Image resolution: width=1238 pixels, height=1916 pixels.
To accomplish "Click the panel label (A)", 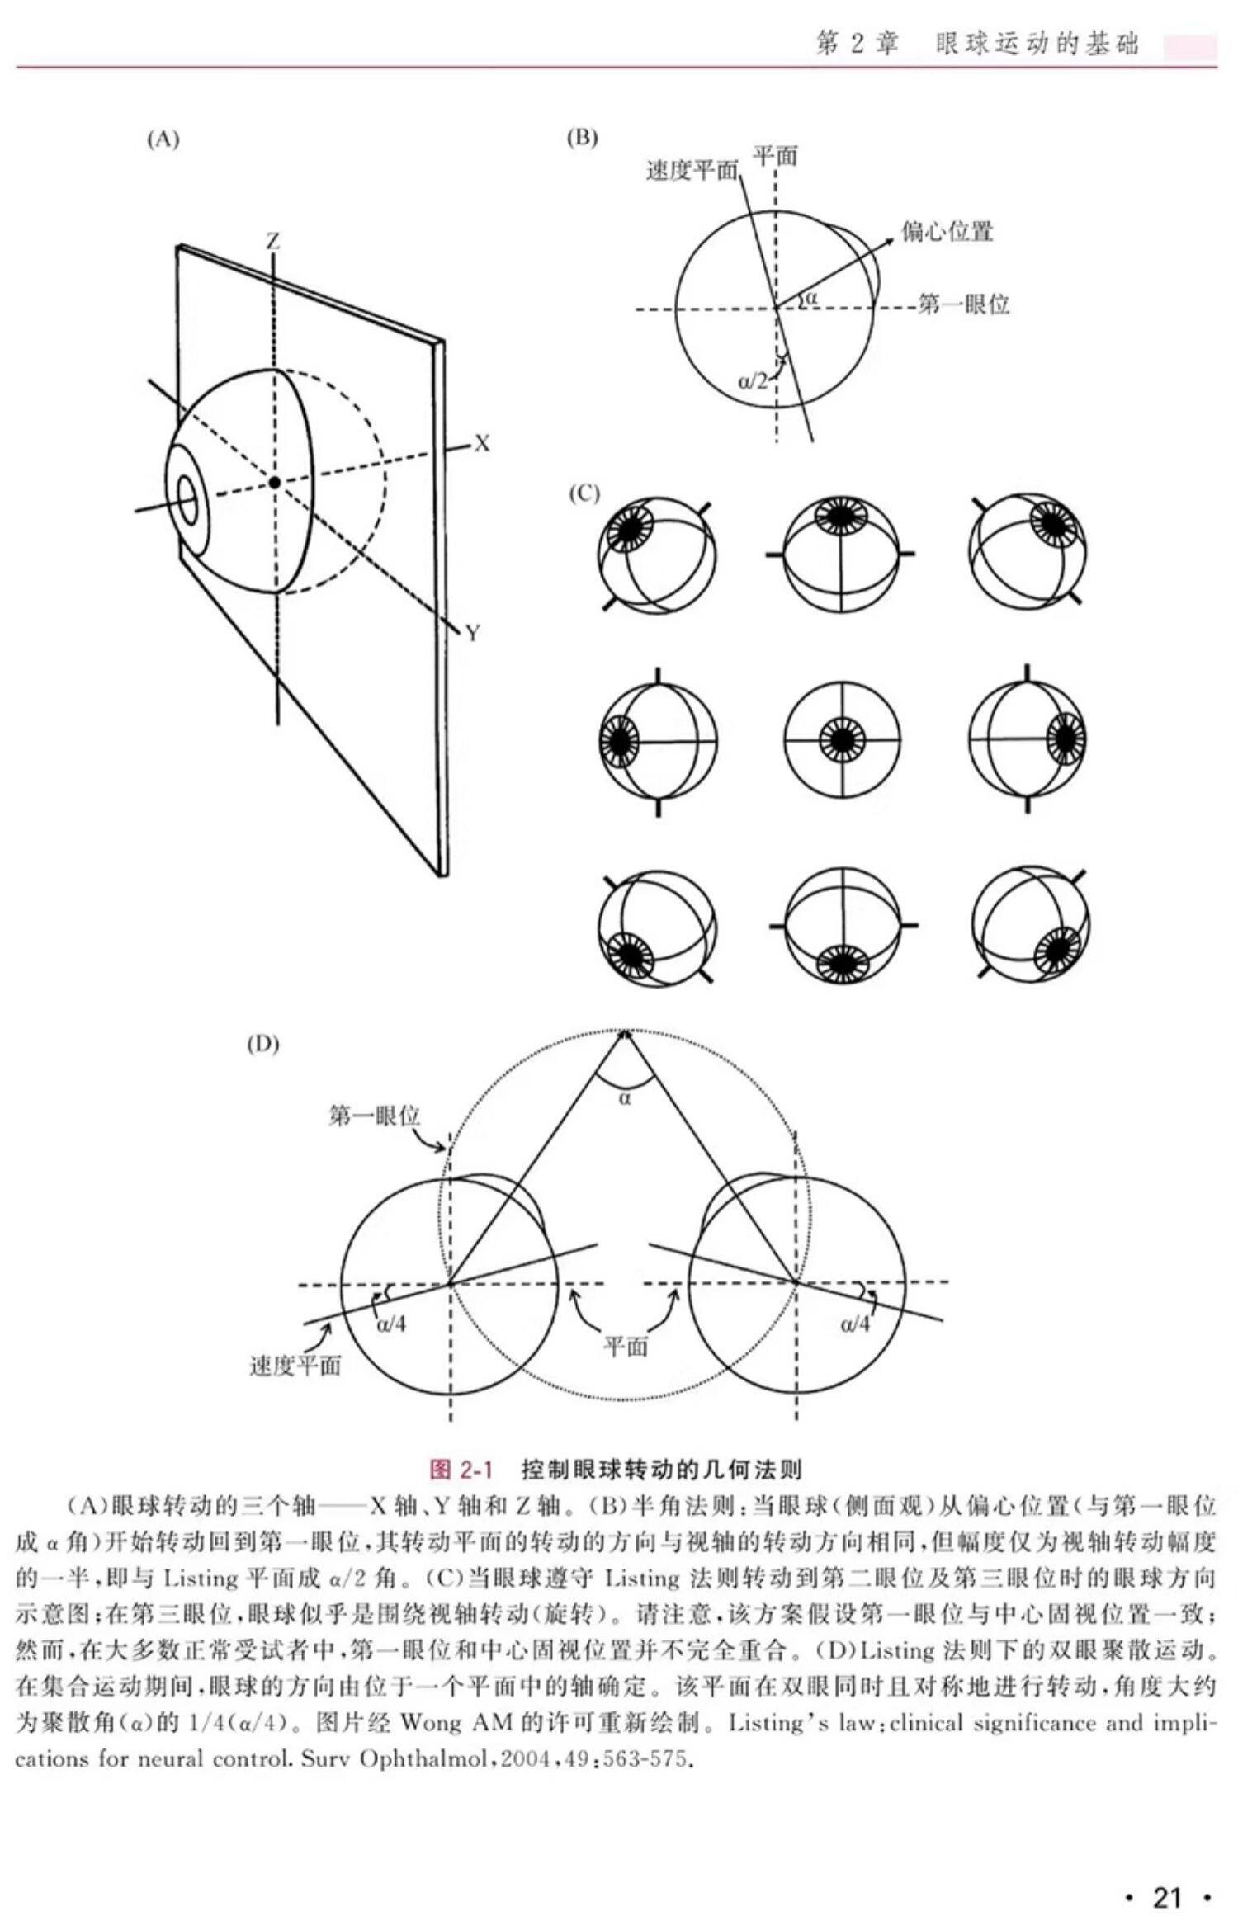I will point(163,139).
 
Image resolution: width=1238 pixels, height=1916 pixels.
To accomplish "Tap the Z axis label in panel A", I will point(272,241).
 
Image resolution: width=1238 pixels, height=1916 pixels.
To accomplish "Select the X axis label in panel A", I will point(482,444).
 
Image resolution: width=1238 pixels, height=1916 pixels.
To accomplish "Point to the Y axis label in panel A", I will point(473,633).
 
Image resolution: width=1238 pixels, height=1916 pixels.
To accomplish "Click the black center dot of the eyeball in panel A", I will point(275,481).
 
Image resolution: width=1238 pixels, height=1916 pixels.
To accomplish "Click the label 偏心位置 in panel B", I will point(947,232).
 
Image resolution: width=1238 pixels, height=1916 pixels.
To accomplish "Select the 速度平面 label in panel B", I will point(692,171).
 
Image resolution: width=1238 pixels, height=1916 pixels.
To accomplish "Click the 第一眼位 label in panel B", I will point(964,305).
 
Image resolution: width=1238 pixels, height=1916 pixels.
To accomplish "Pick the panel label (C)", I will point(584,493).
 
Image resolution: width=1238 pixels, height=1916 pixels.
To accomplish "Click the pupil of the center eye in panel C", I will point(841,739).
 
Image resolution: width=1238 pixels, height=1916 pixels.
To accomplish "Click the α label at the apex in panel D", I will point(625,1098).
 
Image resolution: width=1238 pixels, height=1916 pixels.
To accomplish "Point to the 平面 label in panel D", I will point(626,1346).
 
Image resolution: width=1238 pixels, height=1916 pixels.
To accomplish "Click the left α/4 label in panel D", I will point(391,1324).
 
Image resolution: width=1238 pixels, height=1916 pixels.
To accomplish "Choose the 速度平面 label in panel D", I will point(295,1366).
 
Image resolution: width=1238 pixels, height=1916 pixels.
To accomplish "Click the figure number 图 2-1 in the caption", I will point(461,1470).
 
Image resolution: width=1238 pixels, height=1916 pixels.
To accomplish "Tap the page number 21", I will point(1166,1875).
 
